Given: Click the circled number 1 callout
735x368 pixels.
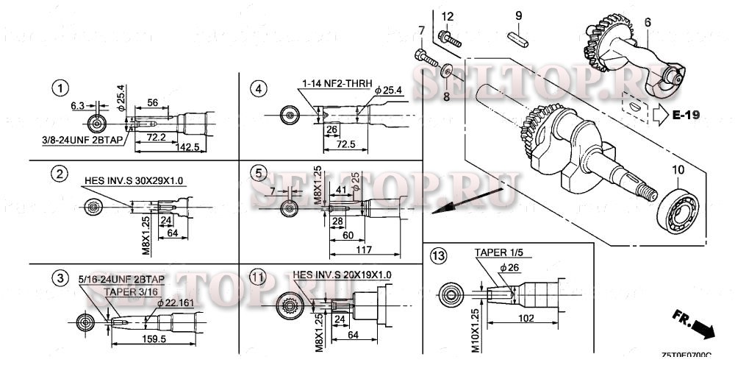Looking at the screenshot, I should point(60,88).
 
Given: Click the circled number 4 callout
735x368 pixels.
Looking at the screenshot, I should point(257,89).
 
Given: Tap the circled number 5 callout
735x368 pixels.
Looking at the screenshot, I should point(257,174).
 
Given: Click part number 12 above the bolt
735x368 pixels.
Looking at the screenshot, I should point(447,16).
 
